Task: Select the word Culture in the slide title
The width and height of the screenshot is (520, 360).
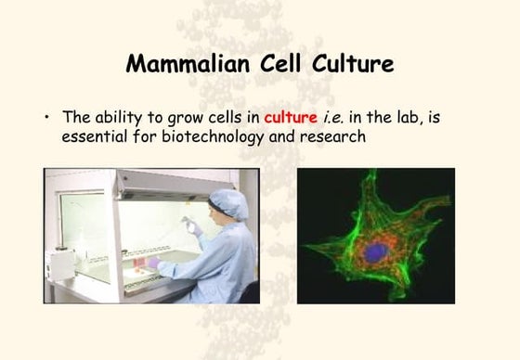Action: (354, 65)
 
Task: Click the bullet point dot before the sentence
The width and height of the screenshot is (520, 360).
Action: (46, 119)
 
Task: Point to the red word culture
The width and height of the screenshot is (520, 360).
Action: (291, 118)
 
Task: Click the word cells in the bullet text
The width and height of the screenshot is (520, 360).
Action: (233, 118)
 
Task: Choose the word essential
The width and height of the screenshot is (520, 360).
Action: (97, 136)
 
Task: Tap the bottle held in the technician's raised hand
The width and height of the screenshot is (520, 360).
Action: (193, 225)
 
